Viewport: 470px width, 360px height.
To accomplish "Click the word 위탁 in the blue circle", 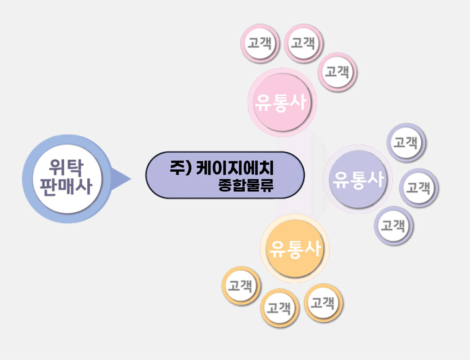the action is (66, 167).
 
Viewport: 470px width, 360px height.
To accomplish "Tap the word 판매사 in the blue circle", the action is (66, 187).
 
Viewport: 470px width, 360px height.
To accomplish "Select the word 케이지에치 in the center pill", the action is (235, 168).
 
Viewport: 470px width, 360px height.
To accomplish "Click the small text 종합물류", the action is (246, 186).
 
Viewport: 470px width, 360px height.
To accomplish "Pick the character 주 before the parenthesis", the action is (177, 167).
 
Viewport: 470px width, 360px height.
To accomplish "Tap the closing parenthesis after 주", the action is (188, 168).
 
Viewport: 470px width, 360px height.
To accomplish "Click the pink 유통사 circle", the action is (282, 102).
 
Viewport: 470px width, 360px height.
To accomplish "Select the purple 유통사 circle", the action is (358, 179).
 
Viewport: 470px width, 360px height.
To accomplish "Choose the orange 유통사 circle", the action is (295, 248).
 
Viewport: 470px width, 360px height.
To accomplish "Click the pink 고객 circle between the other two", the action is (303, 43).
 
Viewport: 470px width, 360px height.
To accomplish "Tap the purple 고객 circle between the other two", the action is (419, 188).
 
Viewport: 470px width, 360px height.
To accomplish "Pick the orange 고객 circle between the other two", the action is (280, 308).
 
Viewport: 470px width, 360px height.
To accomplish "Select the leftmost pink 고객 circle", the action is (260, 43).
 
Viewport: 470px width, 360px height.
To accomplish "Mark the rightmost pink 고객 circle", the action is (337, 72).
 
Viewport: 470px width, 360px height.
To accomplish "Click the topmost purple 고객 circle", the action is (406, 142).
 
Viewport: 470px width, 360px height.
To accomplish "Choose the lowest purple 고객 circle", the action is (393, 226).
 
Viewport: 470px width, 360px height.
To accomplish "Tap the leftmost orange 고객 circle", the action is (241, 286).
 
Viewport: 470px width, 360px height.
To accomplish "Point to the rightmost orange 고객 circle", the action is (324, 303).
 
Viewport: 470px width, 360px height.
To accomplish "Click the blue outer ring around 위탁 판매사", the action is (28, 179).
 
